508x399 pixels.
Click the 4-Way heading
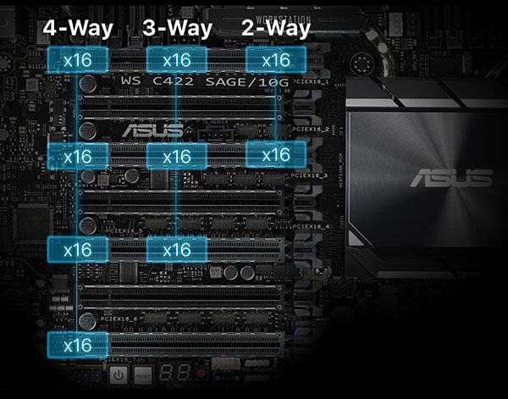tap(78, 28)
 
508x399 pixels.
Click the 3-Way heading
tap(176, 28)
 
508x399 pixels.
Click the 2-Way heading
tap(275, 28)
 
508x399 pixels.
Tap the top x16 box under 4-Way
tap(78, 60)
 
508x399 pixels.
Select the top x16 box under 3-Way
tap(176, 60)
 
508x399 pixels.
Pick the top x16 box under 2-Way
tap(275, 60)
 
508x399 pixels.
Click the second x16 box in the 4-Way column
tap(78, 156)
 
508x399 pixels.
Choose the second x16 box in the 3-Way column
tap(176, 156)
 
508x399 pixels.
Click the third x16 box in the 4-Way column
tap(78, 249)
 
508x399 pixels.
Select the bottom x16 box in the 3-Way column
tap(176, 249)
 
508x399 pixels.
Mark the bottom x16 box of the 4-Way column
tap(78, 345)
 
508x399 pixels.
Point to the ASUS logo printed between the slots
tap(152, 130)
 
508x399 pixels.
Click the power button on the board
tap(119, 374)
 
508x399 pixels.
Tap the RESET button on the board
tap(144, 374)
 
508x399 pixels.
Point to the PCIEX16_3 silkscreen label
tap(310, 175)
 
